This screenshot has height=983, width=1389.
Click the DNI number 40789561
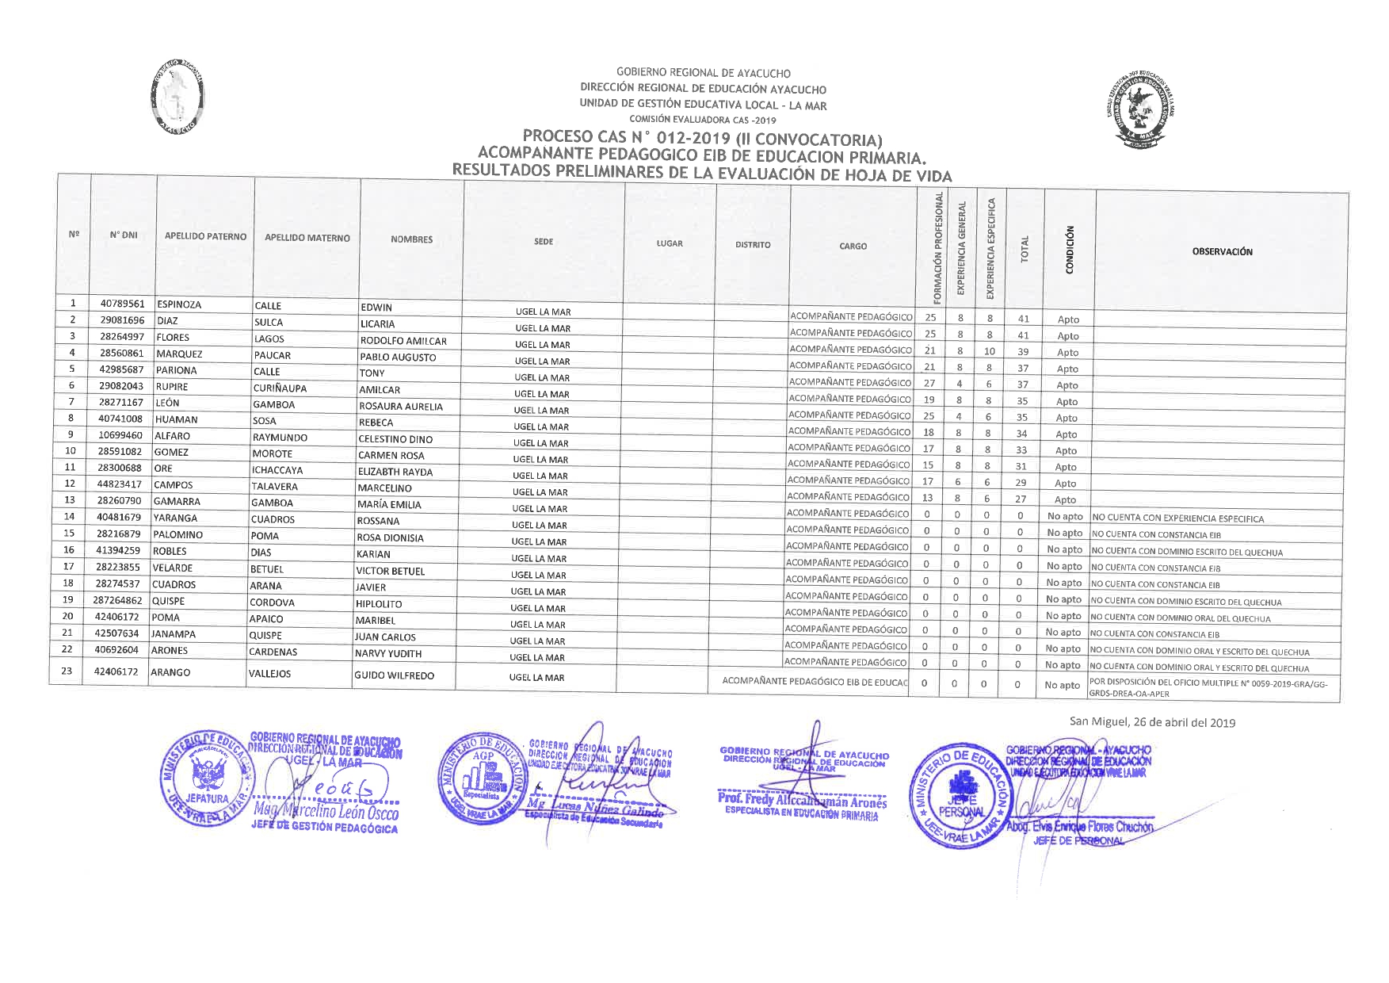122,304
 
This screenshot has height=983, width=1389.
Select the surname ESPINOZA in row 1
179,304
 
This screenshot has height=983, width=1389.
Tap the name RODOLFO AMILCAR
403,341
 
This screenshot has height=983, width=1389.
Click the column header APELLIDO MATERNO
307,238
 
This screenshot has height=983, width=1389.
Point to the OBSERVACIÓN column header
1222,251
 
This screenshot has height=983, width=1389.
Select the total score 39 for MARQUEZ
1023,352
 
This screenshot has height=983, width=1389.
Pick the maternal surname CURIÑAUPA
280,388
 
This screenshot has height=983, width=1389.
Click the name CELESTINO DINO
395,439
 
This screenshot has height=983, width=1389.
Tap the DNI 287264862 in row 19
118,600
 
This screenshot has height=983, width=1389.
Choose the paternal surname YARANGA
175,518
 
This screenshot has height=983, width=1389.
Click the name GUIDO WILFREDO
394,676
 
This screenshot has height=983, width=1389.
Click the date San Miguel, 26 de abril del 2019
1152,722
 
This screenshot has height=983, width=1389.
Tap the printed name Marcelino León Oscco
326,813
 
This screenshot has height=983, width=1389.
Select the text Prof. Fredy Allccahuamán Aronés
802,802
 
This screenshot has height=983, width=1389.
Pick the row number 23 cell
67,671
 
